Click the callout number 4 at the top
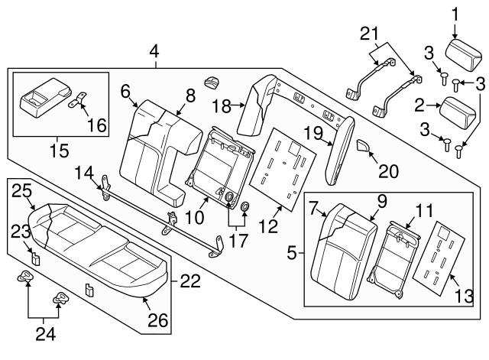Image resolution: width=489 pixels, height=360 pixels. coord(155,52)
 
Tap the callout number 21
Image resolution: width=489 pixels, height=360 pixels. coord(368,33)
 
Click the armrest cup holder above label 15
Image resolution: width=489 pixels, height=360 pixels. coord(42,97)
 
